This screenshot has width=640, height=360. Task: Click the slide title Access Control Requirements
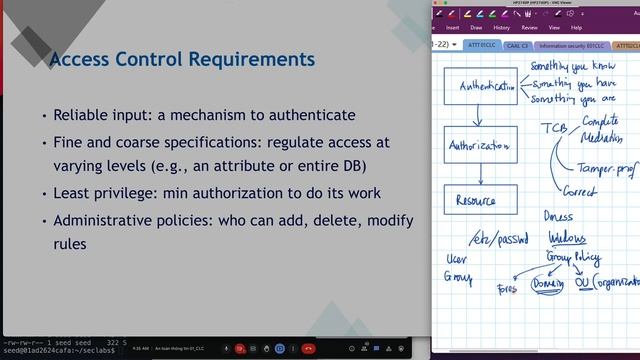[x=182, y=59]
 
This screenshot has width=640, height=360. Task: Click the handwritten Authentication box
[x=482, y=86]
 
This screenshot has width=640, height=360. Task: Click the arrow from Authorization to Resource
[x=482, y=173]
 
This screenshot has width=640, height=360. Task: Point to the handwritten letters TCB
[x=553, y=129]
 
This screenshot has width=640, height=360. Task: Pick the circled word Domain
[x=549, y=285]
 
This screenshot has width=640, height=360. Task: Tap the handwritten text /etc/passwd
[x=497, y=239]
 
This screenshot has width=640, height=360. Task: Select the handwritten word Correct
[x=579, y=192]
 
